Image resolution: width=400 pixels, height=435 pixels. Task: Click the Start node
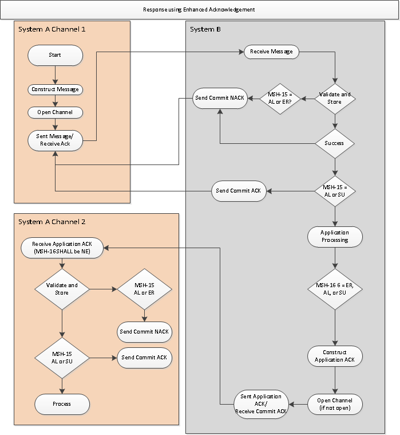[x=55, y=55]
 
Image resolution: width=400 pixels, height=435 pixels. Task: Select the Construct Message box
[x=55, y=89]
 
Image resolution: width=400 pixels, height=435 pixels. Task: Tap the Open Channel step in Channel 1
[x=55, y=112]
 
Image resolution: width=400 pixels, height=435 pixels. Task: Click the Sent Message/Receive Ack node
[x=55, y=140]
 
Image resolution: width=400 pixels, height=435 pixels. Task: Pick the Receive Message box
[x=272, y=52]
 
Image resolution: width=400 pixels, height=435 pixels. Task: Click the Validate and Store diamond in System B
[x=335, y=98]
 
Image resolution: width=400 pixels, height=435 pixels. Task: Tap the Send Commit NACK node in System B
[x=219, y=98]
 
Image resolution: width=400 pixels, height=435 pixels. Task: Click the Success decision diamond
[x=335, y=143]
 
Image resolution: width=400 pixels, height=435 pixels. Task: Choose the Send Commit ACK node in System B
[x=239, y=191]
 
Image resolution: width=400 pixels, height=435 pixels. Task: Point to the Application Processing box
[x=335, y=236]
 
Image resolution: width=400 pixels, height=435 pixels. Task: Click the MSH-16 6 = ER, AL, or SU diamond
[x=335, y=289]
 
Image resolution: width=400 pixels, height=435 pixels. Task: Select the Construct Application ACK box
[x=335, y=356]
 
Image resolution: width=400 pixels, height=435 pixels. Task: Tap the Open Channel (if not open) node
[x=335, y=403]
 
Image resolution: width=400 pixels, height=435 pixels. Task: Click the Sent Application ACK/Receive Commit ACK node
[x=261, y=403]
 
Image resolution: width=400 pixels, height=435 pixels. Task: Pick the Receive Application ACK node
[x=62, y=248]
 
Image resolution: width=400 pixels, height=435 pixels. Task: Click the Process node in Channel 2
[x=62, y=403]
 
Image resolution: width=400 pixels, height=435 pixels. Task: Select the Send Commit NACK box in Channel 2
[x=145, y=331]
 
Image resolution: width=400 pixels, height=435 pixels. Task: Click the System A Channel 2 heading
[x=52, y=222]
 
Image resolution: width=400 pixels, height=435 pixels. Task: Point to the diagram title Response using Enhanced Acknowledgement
[x=199, y=10]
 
